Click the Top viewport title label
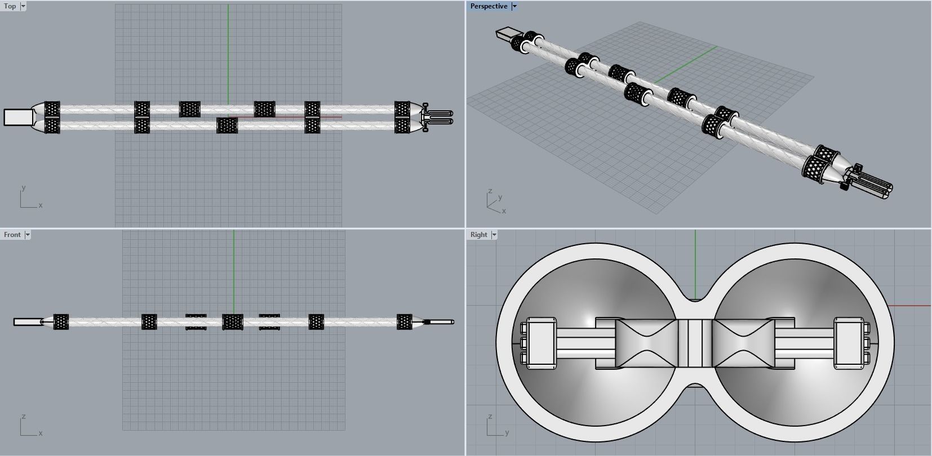coord(10,6)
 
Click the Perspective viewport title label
coord(489,6)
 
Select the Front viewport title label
coord(12,235)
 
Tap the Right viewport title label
coord(478,235)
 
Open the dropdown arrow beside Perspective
coord(514,6)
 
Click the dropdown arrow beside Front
coord(28,235)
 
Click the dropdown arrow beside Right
coord(494,235)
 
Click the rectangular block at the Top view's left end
coord(19,117)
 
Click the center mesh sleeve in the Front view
coord(233,322)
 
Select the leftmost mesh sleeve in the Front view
coord(61,322)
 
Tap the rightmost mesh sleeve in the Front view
coord(405,322)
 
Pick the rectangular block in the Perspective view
coord(505,34)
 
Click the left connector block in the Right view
coord(540,343)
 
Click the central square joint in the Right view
coord(695,343)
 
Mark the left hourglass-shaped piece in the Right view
coord(646,343)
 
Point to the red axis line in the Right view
coord(910,306)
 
